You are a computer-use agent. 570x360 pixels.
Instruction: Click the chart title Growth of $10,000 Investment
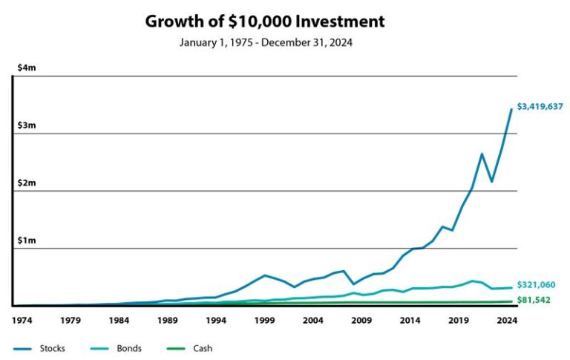[x=265, y=21]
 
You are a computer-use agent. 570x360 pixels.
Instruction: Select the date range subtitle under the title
[x=265, y=42]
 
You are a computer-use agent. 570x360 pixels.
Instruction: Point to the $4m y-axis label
[x=27, y=68]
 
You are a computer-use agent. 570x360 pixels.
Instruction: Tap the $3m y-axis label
[x=27, y=125]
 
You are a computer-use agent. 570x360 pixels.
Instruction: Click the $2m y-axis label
[x=27, y=183]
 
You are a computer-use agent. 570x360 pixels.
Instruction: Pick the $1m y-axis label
[x=27, y=240]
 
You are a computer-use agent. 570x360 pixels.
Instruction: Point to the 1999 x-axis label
[x=264, y=321]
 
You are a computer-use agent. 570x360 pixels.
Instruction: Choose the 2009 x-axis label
[x=361, y=321]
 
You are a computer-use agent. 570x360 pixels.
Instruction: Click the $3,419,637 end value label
[x=540, y=107]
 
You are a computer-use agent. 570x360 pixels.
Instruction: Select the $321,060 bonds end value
[x=536, y=285]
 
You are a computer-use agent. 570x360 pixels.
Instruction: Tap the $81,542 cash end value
[x=534, y=301]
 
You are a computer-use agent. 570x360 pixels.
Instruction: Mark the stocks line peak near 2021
[x=481, y=154]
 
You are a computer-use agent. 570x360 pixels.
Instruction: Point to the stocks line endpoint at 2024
[x=511, y=109]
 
